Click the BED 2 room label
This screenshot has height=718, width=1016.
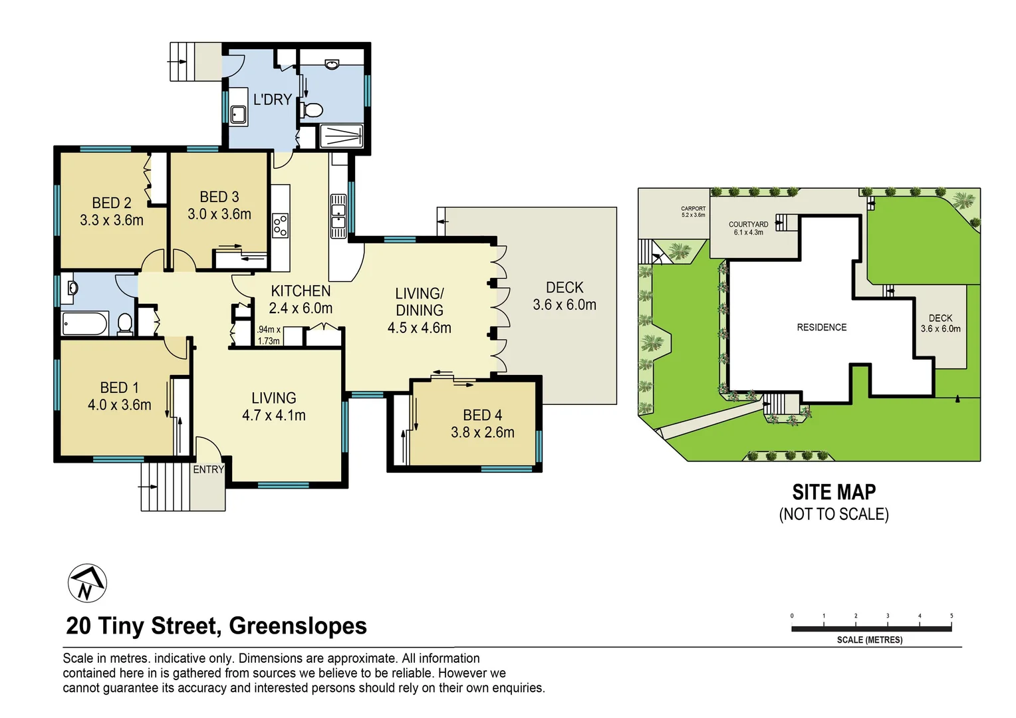pyautogui.click(x=112, y=203)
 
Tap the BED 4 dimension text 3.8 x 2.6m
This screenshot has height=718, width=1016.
pyautogui.click(x=483, y=432)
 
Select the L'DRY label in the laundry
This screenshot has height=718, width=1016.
pyautogui.click(x=272, y=99)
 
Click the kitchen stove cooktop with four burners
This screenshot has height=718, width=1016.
pyautogui.click(x=280, y=225)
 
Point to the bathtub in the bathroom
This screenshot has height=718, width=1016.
pyautogui.click(x=85, y=323)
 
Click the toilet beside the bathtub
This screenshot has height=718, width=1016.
pyautogui.click(x=124, y=324)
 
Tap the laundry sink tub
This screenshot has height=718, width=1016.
pyautogui.click(x=238, y=115)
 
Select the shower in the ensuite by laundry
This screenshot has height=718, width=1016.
pyautogui.click(x=342, y=136)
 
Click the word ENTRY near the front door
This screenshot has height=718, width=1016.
pyautogui.click(x=209, y=469)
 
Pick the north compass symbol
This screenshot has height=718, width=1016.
pyautogui.click(x=88, y=583)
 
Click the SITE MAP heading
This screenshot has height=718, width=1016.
pyautogui.click(x=834, y=492)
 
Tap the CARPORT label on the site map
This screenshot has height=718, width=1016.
pyautogui.click(x=693, y=209)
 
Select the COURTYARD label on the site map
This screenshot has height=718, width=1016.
pyautogui.click(x=749, y=224)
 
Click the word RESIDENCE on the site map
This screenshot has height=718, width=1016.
pyautogui.click(x=821, y=327)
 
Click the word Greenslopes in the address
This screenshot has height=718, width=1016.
pyautogui.click(x=298, y=626)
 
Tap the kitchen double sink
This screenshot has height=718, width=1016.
pyautogui.click(x=338, y=216)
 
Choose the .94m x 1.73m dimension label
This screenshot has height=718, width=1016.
pyautogui.click(x=269, y=335)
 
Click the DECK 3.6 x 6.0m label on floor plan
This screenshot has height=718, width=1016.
pyautogui.click(x=565, y=296)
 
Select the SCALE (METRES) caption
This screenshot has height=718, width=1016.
pyautogui.click(x=870, y=640)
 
